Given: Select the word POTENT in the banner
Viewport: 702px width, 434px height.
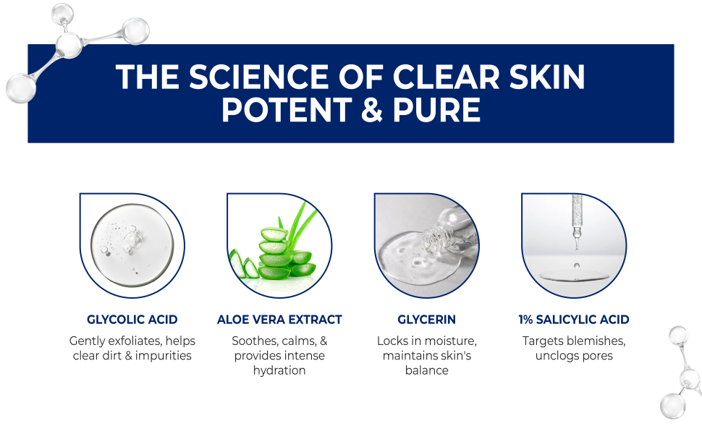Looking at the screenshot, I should click(x=279, y=110).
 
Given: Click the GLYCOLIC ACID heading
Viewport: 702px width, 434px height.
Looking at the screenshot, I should click(x=132, y=319).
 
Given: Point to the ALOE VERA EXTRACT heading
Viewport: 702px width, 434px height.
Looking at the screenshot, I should click(x=279, y=319).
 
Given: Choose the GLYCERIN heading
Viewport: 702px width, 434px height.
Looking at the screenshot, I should click(x=426, y=319).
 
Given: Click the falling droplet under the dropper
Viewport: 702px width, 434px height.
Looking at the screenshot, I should click(x=576, y=265).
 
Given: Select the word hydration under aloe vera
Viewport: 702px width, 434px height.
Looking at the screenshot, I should click(x=279, y=370).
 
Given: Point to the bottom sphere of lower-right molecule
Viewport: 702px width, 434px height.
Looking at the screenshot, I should click(x=672, y=407).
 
